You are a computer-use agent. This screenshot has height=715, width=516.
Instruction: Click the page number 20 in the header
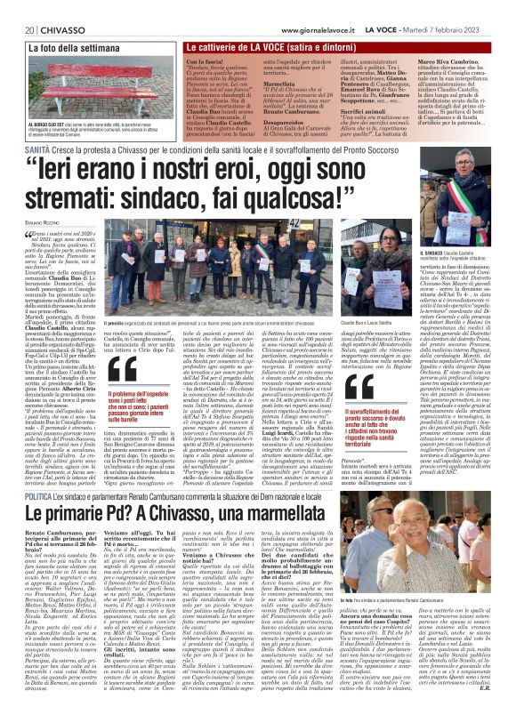click(x=18, y=8)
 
